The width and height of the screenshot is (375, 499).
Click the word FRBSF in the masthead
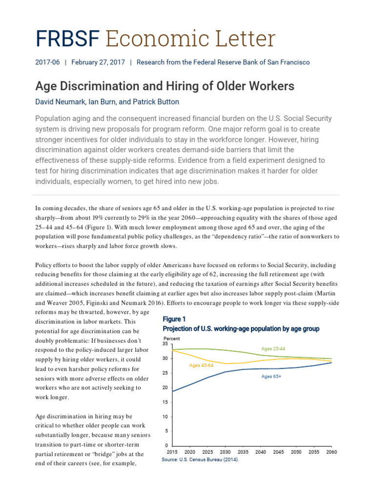pyautogui.click(x=67, y=39)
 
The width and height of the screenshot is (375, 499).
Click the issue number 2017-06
pyautogui.click(x=47, y=62)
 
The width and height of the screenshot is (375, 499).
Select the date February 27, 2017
pyautogui.click(x=98, y=62)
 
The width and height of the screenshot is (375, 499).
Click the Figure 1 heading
pyautogui.click(x=174, y=319)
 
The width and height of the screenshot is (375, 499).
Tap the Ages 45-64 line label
pyautogui.click(x=201, y=365)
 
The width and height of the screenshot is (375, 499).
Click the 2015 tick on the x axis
pyautogui.click(x=172, y=452)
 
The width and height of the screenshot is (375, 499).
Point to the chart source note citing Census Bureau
pyautogui.click(x=200, y=460)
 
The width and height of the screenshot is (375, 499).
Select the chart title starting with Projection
pyautogui.click(x=241, y=329)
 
